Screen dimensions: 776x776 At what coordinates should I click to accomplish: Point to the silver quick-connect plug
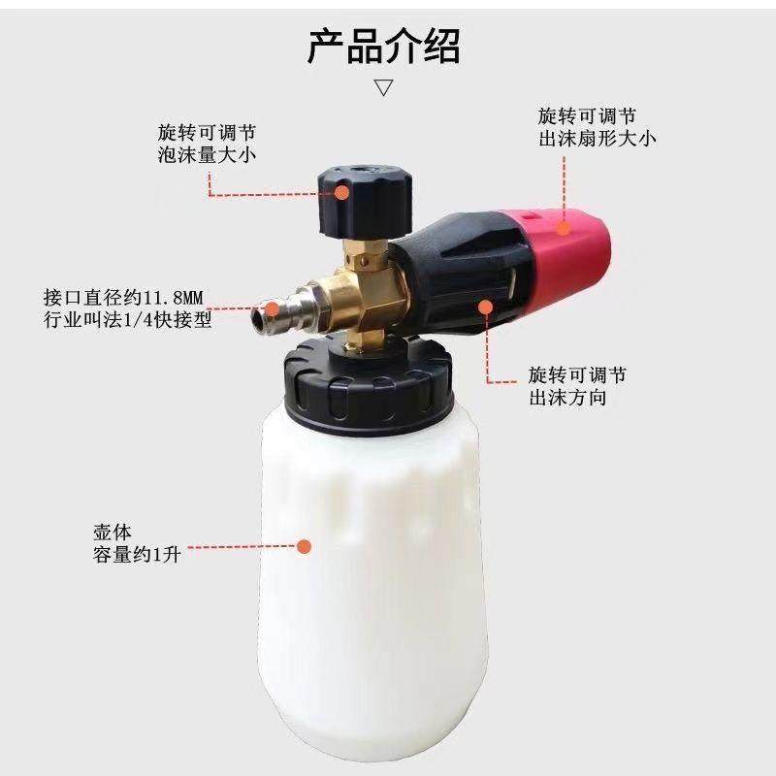286,306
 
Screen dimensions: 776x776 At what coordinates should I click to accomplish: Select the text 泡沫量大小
207,154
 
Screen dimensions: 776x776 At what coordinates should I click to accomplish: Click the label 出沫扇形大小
598,138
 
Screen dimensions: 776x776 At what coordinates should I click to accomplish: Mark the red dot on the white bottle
304,547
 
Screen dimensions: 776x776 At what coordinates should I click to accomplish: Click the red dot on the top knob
343,192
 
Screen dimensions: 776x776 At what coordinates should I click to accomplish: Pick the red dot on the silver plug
273,309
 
